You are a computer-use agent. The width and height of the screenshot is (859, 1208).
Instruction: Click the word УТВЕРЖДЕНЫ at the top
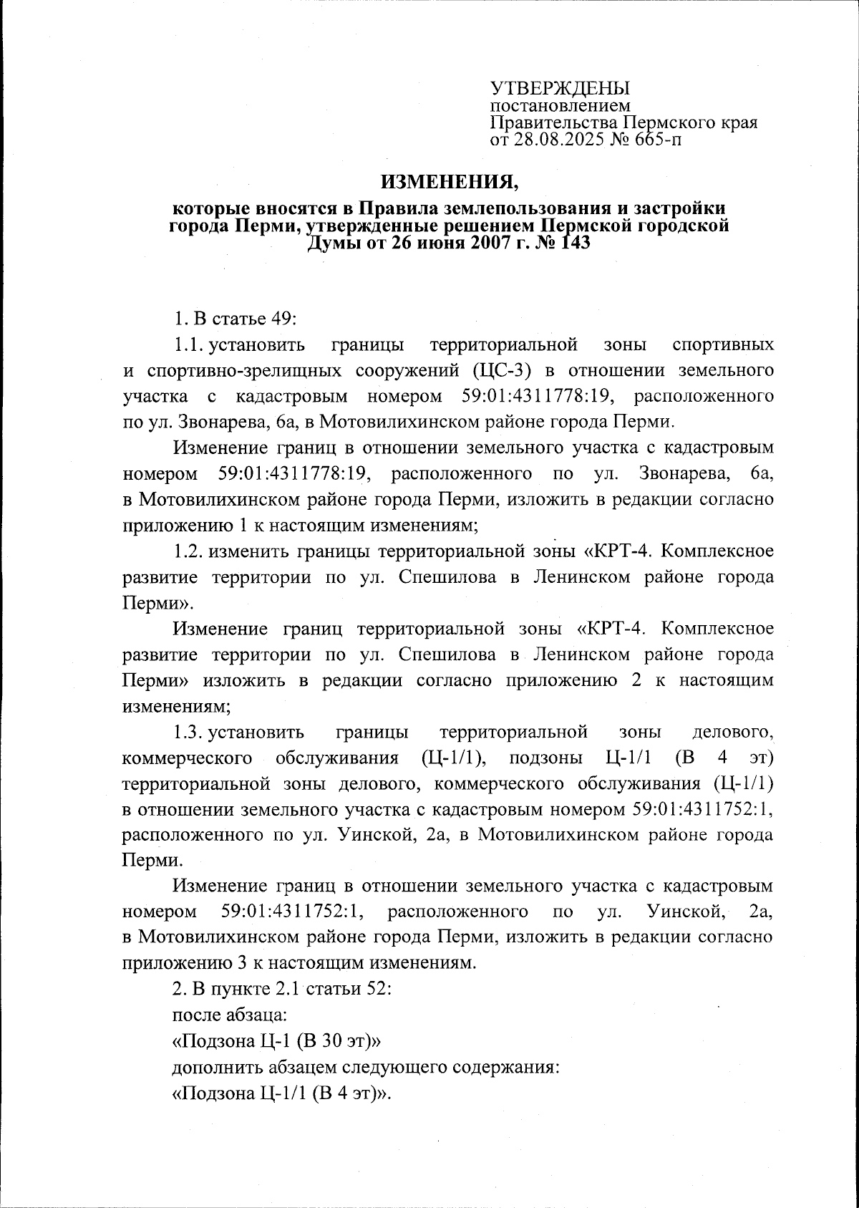tap(560, 88)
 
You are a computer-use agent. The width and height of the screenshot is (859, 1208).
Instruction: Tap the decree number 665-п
tap(655, 139)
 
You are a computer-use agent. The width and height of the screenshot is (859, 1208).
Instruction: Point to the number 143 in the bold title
tap(571, 243)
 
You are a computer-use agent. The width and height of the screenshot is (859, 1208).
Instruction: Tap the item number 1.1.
tap(188, 344)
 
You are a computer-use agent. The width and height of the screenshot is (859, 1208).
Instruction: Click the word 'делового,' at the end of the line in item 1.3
tap(733, 732)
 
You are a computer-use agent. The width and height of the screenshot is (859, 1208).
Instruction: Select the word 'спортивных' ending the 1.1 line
tap(724, 344)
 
